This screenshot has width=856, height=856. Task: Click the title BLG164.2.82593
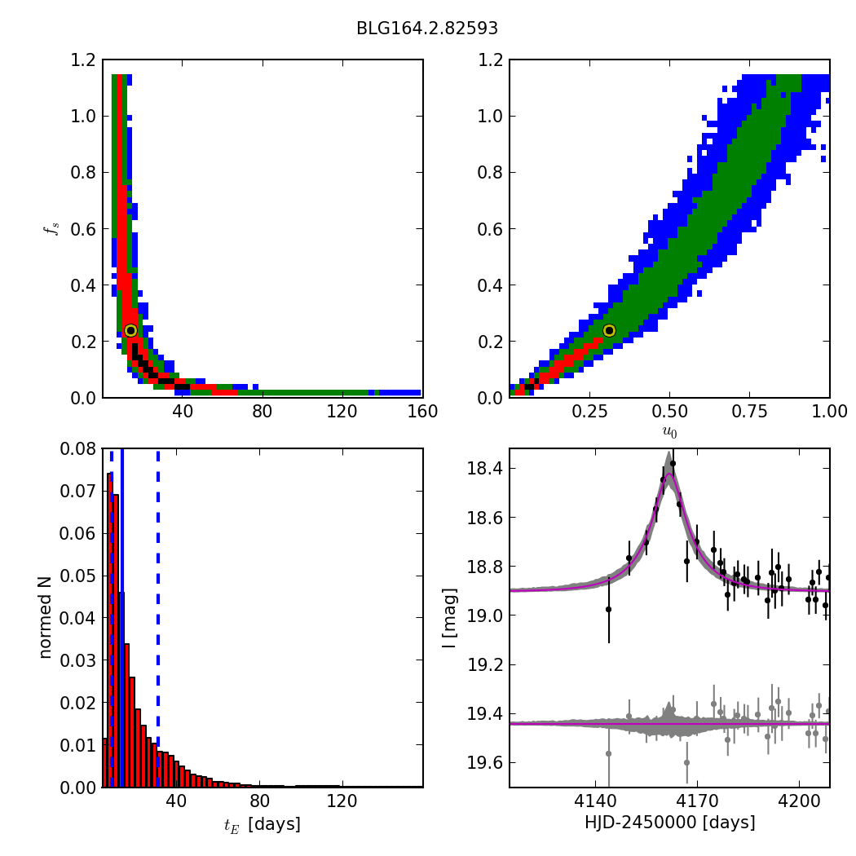coord(427,29)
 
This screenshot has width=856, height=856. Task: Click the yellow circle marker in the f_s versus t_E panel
coord(130,330)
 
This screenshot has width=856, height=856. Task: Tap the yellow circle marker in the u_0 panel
coord(609,330)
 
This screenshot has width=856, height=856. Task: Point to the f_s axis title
coord(51,228)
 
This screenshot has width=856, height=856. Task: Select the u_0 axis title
coord(669,431)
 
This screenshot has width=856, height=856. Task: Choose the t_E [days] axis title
coord(262,824)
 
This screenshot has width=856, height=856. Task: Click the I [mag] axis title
coord(448,617)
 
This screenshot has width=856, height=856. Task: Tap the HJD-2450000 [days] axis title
coord(669,823)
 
